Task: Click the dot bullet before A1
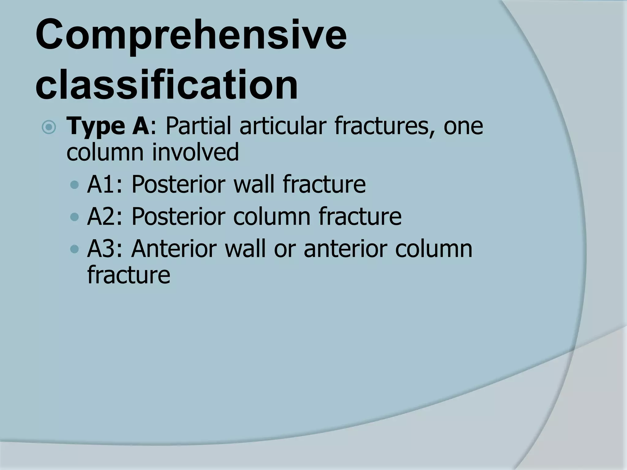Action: point(74,185)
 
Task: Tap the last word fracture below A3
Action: point(129,275)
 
